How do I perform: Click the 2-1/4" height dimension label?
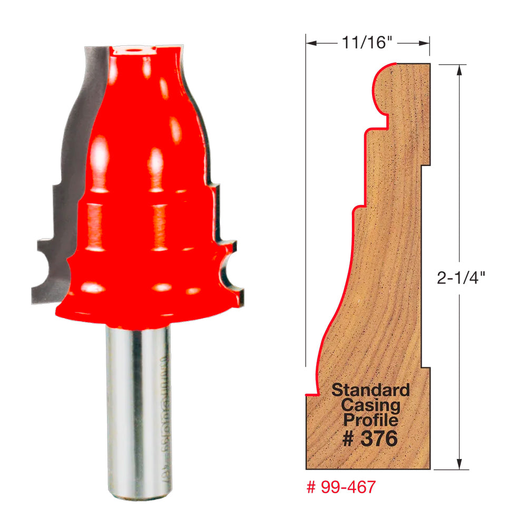[x=461, y=278]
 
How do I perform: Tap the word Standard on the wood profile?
[x=370, y=391]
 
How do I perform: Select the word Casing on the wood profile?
[x=370, y=405]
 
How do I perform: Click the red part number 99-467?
[x=341, y=487]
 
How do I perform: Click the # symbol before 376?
[x=348, y=438]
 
